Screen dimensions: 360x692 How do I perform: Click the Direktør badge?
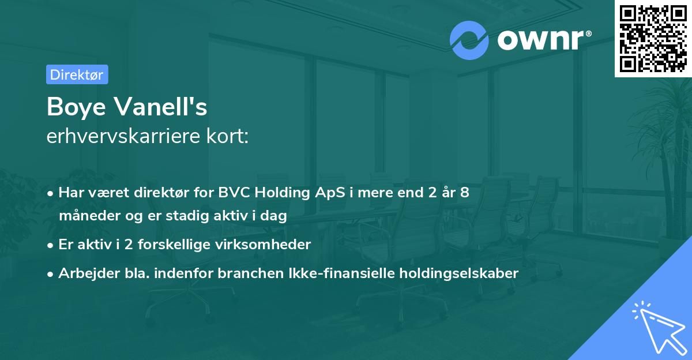pos(77,74)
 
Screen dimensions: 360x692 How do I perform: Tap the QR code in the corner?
pos(653,38)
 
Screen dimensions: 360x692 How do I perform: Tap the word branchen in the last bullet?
pos(242,273)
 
